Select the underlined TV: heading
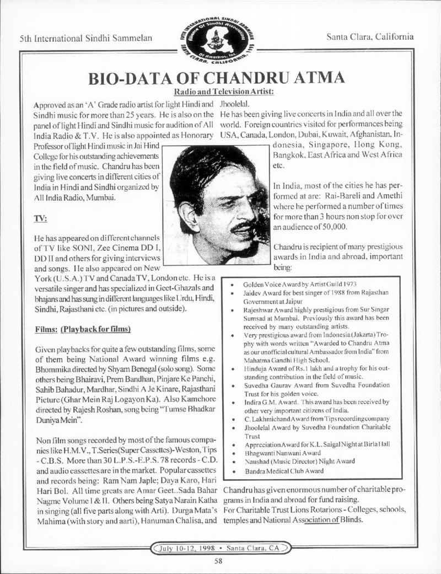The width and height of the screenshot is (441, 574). point(40,218)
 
